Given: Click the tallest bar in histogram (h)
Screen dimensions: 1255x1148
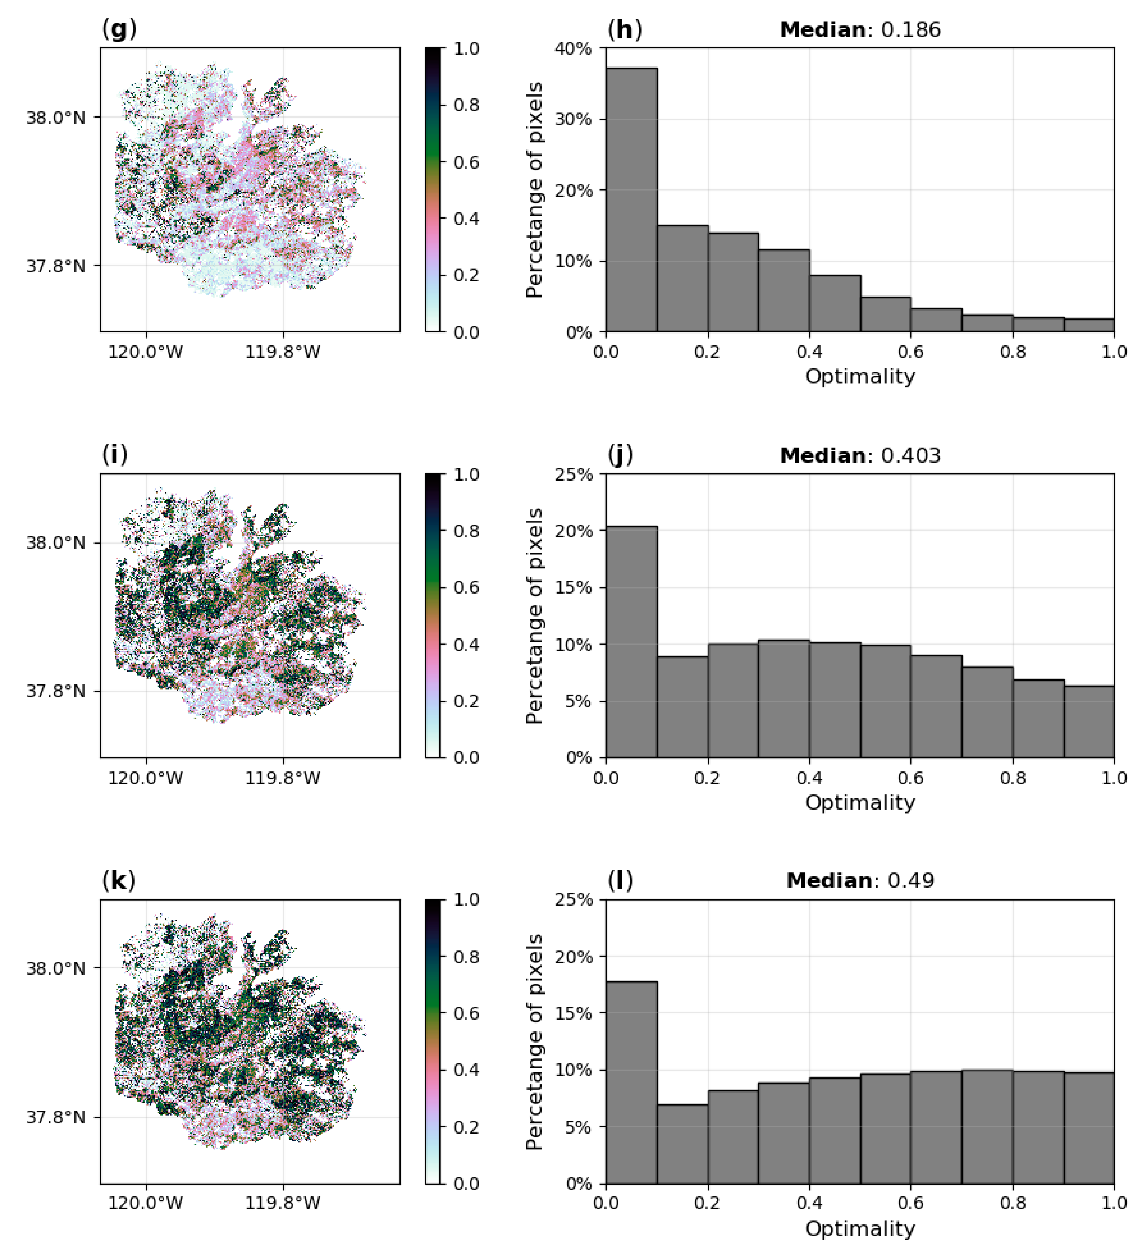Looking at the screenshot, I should pyautogui.click(x=631, y=199).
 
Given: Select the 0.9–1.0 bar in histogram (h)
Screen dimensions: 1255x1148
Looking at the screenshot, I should pyautogui.click(x=1089, y=325).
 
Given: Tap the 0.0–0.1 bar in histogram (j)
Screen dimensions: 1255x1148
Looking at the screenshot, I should pyautogui.click(x=631, y=641).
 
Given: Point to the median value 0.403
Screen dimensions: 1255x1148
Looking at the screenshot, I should pyautogui.click(x=910, y=456).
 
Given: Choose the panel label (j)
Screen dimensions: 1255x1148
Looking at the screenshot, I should pyautogui.click(x=620, y=455).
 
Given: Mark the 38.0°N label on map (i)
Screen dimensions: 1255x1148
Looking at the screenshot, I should pyautogui.click(x=55, y=543).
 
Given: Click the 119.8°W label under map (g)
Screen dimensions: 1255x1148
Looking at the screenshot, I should pyautogui.click(x=283, y=352).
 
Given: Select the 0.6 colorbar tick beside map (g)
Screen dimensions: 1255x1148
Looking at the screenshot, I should pyautogui.click(x=466, y=162).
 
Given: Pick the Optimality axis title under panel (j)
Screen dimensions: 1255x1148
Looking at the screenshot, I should pyautogui.click(x=860, y=802).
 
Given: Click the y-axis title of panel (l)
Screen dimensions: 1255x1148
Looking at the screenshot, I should pyautogui.click(x=534, y=1041).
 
